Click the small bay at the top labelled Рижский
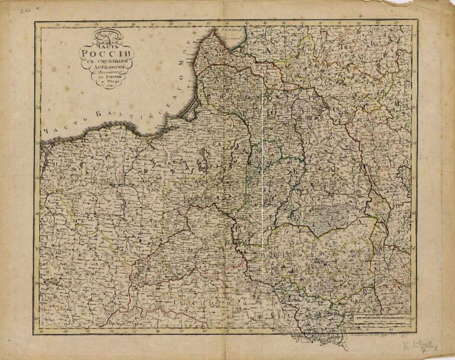(231, 30)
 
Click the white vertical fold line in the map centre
(262, 178)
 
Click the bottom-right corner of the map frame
(416, 333)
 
